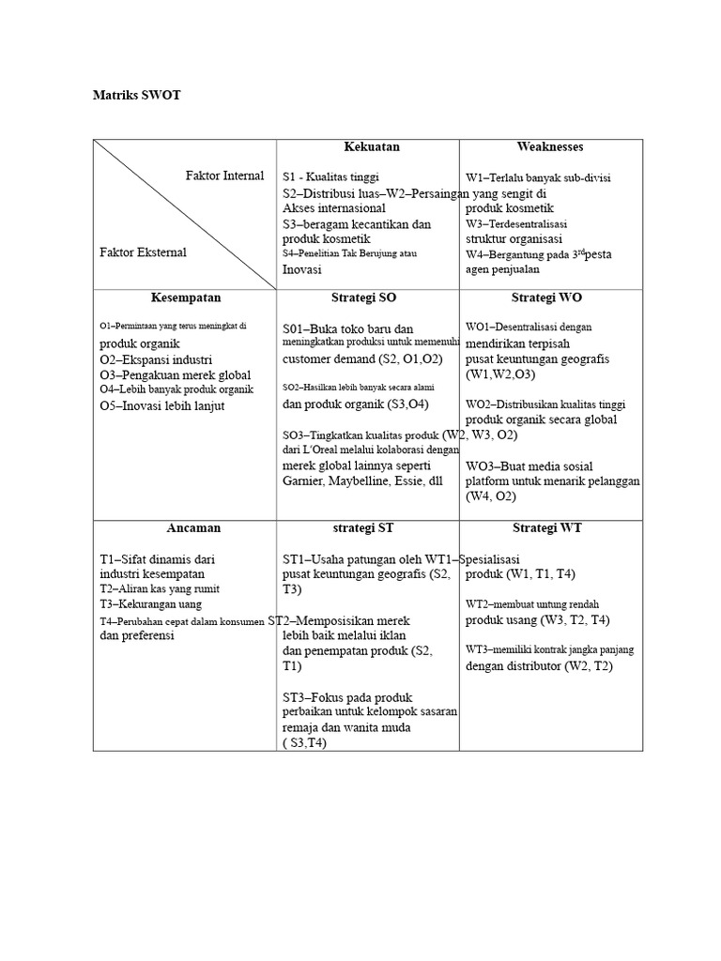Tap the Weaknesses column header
coord(550,146)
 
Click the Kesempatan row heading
coord(186,297)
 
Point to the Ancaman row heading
coord(186,527)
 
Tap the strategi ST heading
coord(366,527)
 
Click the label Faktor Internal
coord(225,175)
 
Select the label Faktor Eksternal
coord(143,252)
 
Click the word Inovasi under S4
coord(301,269)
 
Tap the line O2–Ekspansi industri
coord(156,359)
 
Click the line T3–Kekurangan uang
coord(150,604)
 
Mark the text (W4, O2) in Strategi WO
coord(491,496)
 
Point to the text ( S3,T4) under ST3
coord(308,742)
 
